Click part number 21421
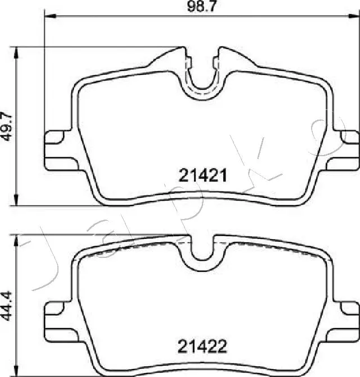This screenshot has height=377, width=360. (x=203, y=176)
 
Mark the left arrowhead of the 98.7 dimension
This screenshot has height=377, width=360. (x=47, y=18)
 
